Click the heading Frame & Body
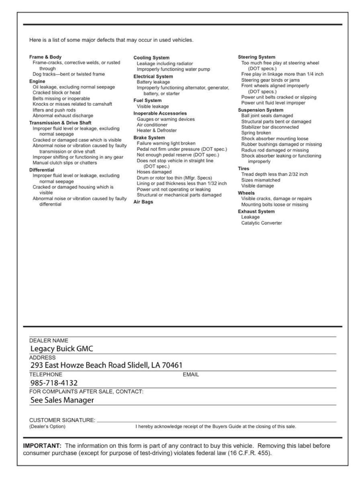point(45,57)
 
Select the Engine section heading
point(37,81)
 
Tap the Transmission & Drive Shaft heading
point(60,123)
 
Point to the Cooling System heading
point(151,58)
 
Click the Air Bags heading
point(141,202)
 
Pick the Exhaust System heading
point(256,211)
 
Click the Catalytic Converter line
point(262,223)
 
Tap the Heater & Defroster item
point(157,131)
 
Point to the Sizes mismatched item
point(261,180)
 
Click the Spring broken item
point(256,133)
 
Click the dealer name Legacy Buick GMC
point(62,348)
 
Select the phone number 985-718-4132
point(54,382)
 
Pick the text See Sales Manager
point(62,400)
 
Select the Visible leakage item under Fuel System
point(153,106)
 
